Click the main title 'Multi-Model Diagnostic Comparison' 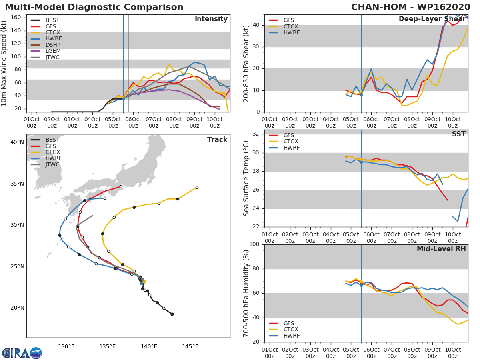click(94, 7)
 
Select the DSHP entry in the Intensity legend click(52, 45)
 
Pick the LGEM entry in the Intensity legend click(52, 51)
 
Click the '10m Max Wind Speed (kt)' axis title click(4, 64)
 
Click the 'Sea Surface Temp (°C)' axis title click(247, 178)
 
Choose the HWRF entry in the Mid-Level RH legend click(291, 336)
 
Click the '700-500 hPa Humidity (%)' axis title click(247, 293)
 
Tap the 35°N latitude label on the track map click(17, 184)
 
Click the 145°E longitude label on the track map click(190, 346)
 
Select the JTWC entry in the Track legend click(52, 164)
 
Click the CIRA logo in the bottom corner click(22, 353)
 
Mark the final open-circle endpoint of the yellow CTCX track click(197, 187)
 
